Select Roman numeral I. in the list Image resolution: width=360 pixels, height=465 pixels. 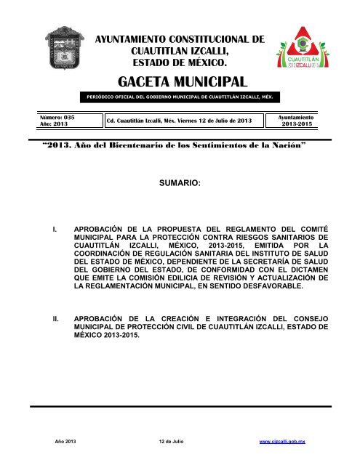click(x=57, y=235)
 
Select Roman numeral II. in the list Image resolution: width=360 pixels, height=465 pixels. click(x=58, y=318)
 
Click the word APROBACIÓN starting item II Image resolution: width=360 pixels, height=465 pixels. click(x=106, y=318)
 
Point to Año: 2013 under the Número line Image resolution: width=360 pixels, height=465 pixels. click(x=52, y=124)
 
